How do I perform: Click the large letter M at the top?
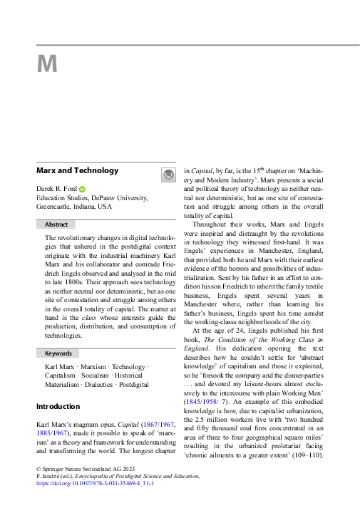[x=47, y=64]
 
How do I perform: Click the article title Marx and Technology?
[x=77, y=171]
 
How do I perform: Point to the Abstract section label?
[x=56, y=224]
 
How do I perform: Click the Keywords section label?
[x=58, y=353]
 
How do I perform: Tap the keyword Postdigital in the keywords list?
[x=134, y=385]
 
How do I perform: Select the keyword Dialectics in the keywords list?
[x=94, y=385]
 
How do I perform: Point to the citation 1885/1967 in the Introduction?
[x=52, y=432]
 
